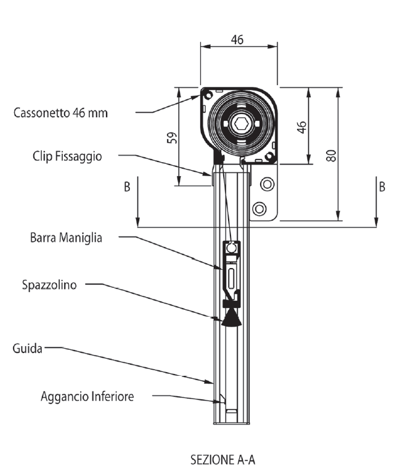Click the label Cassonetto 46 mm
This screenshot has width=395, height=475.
pos(60,113)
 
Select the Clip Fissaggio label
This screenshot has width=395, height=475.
pos(67,156)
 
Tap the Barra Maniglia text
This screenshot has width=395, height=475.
pos(66,238)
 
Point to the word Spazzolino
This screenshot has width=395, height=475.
pos(49,285)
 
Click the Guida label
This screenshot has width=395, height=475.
pos(27,348)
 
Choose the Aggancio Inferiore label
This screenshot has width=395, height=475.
pos(88,396)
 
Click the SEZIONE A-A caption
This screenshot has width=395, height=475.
pos(222,460)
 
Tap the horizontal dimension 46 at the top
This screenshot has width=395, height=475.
pos(237,39)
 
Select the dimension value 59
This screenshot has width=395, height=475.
pos(172,138)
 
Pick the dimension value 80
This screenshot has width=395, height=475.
pos(332,156)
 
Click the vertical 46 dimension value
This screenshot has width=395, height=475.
pos(301,128)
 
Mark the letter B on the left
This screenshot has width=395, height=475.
pos(127,187)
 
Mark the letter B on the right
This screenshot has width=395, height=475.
pos(382,187)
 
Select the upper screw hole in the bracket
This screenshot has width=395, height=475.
pos(267,184)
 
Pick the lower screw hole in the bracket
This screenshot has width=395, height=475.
pos(259,209)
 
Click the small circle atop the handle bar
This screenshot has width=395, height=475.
pos(232,248)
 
